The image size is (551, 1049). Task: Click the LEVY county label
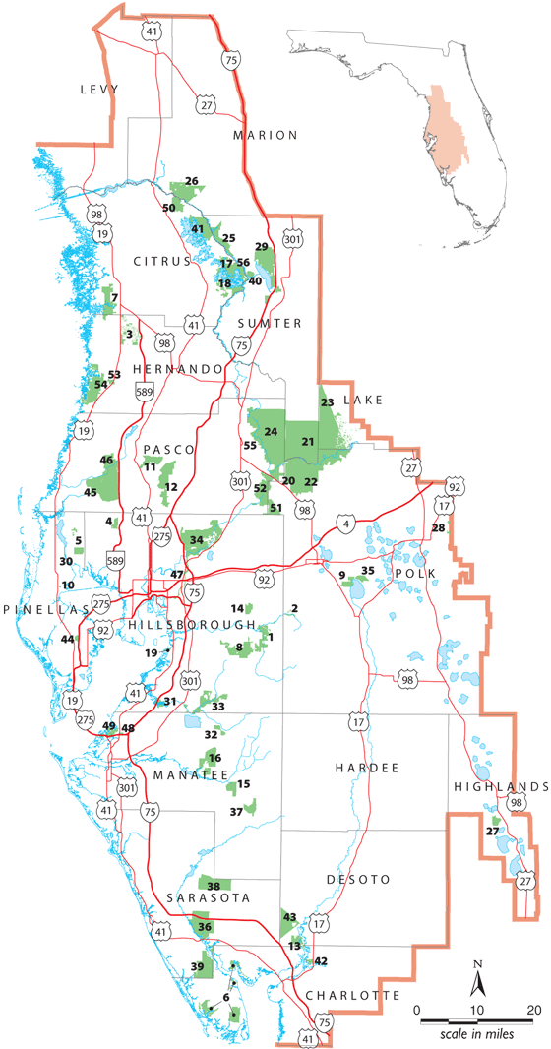[99, 90]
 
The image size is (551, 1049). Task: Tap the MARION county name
[265, 134]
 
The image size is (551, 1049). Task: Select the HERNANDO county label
[187, 368]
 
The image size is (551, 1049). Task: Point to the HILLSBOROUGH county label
[191, 626]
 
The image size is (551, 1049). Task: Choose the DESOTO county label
[363, 879]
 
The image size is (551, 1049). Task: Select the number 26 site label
[192, 181]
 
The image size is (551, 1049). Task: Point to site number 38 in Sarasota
[214, 886]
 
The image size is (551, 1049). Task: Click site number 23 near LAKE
[328, 401]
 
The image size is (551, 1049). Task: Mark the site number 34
[197, 539]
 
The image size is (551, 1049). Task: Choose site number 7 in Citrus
[115, 297]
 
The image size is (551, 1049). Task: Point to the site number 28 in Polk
[438, 528]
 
